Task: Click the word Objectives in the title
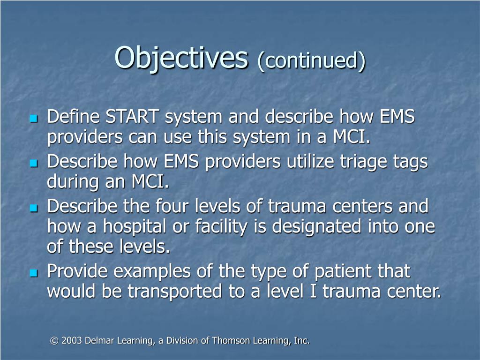[181, 58]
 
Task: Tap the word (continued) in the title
[311, 60]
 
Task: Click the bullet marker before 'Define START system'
[33, 118]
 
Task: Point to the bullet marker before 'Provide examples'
[33, 273]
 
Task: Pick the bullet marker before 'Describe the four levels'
[33, 207]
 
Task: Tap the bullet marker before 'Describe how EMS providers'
[33, 163]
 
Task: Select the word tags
[411, 162]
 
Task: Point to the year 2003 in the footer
[72, 341]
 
